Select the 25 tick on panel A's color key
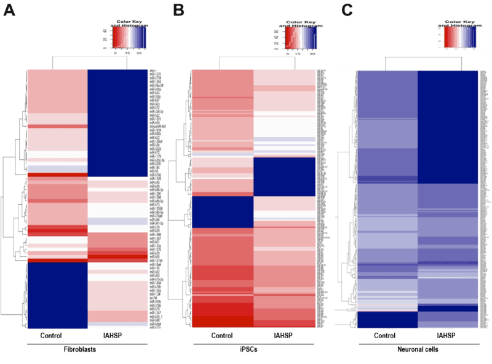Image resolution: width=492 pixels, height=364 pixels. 139,53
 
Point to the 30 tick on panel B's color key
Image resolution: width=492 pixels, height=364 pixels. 312,53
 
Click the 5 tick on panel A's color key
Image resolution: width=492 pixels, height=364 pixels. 115,53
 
